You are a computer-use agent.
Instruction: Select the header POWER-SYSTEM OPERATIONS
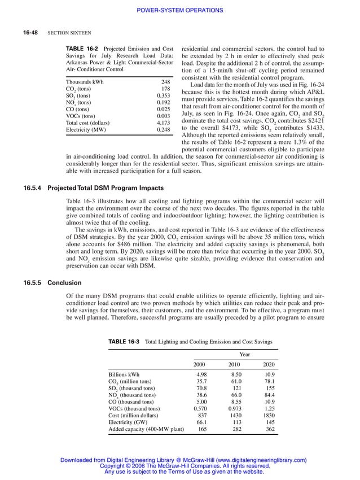click(x=180, y=10)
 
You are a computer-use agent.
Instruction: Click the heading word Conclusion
click(x=65, y=282)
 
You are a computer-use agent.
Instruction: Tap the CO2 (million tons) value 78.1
click(x=269, y=382)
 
